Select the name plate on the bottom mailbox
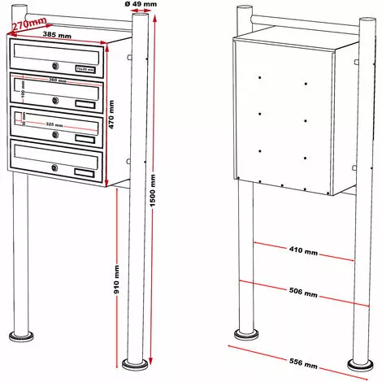click(x=84, y=171)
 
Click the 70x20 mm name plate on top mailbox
click(x=84, y=69)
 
